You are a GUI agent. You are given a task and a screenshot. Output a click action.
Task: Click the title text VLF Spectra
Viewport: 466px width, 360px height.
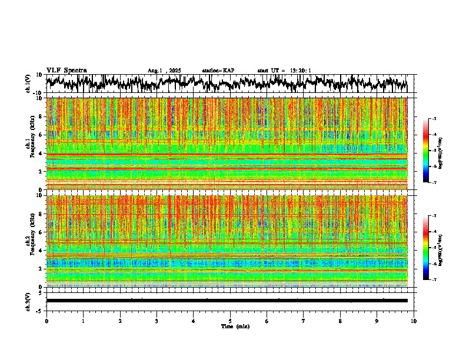pyautogui.click(x=66, y=70)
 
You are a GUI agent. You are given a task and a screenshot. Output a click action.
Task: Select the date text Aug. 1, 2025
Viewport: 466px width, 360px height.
pyautogui.click(x=164, y=71)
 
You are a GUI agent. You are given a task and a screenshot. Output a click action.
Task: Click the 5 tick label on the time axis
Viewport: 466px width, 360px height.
pyautogui.click(x=230, y=321)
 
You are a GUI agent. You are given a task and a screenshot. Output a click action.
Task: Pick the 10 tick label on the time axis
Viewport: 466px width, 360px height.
pyautogui.click(x=414, y=321)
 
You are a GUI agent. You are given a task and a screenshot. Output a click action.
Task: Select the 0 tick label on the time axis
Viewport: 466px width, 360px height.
pyautogui.click(x=46, y=321)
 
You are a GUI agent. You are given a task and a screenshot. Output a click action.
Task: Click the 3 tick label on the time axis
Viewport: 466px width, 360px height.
pyautogui.click(x=157, y=321)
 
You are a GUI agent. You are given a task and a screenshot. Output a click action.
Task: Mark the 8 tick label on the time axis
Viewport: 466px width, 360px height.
pyautogui.click(x=340, y=321)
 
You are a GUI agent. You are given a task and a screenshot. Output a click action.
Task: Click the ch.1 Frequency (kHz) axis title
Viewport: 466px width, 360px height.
pyautogui.click(x=29, y=144)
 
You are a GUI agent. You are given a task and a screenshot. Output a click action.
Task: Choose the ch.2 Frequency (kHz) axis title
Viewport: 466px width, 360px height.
pyautogui.click(x=29, y=241)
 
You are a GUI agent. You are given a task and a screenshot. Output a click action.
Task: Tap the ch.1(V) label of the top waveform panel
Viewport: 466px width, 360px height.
pyautogui.click(x=28, y=84)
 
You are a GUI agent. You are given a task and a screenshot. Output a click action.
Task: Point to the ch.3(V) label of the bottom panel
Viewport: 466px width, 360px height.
pyautogui.click(x=28, y=301)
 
